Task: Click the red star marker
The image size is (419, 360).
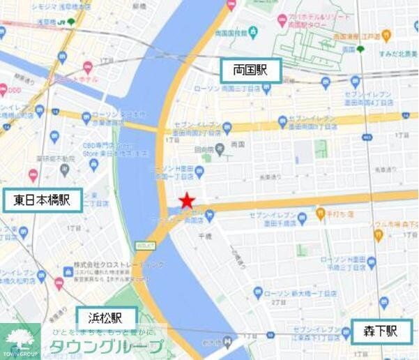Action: coord(186,202)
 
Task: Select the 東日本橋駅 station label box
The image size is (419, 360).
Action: coord(41,201)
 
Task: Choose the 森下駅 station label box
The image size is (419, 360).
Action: coord(382,331)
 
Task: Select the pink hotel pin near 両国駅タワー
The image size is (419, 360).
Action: coord(282,20)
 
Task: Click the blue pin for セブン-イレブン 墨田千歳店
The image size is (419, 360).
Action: coord(302,219)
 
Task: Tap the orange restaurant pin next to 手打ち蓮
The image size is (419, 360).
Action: coord(320,214)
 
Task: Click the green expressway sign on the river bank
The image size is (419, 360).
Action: coord(144,244)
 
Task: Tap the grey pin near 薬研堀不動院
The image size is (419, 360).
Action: coord(65,169)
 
